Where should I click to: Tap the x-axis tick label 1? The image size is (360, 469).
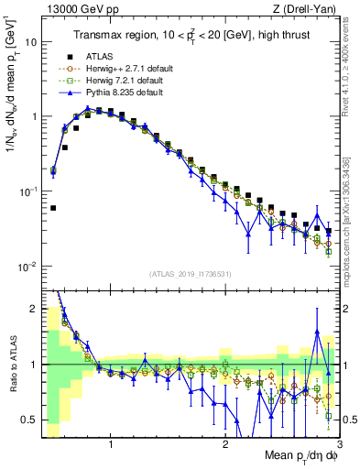pyautogui.click(x=111, y=444)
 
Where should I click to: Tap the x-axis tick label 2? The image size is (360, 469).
pyautogui.click(x=225, y=444)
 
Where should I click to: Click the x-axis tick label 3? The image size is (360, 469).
pyautogui.click(x=339, y=444)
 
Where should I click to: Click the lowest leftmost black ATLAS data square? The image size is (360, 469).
pyautogui.click(x=53, y=208)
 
